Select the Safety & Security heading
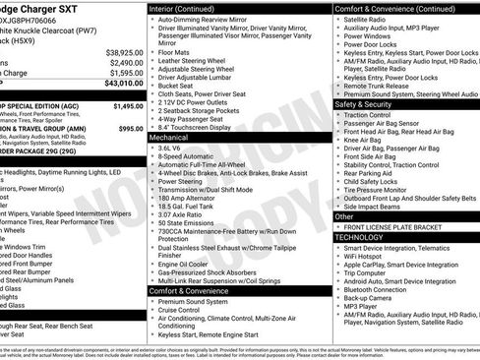370,103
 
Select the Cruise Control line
184,311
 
